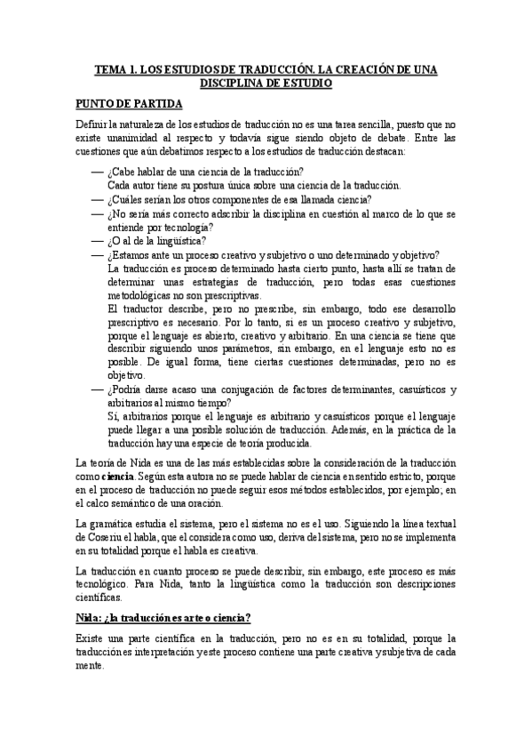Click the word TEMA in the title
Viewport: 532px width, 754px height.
[x=110, y=69]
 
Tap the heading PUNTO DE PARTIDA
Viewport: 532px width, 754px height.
[x=129, y=104]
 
